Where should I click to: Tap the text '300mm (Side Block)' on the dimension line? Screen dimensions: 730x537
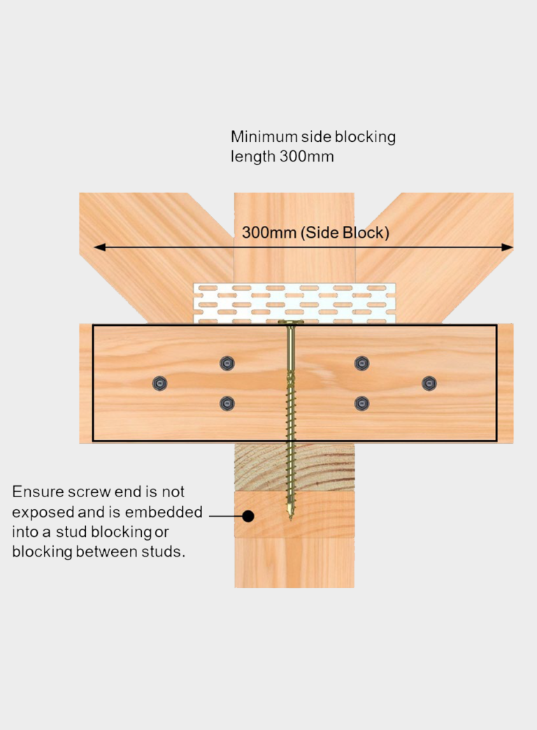pyautogui.click(x=315, y=233)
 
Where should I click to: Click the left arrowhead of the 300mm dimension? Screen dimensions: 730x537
pyautogui.click(x=99, y=247)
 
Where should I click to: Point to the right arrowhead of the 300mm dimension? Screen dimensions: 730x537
pyautogui.click(x=508, y=247)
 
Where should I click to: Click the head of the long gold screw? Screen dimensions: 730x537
pyautogui.click(x=289, y=323)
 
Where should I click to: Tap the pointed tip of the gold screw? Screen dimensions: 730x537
pyautogui.click(x=289, y=517)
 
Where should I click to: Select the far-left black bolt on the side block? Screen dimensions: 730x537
pyautogui.click(x=160, y=383)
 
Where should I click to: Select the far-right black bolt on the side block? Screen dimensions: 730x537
pyautogui.click(x=429, y=383)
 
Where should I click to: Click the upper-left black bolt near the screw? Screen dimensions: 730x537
pyautogui.click(x=227, y=363)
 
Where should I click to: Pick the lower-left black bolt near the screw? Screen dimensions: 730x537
pyautogui.click(x=227, y=403)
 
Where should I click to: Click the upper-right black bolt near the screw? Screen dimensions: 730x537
pyautogui.click(x=361, y=363)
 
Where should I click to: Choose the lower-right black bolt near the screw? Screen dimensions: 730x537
pyautogui.click(x=361, y=403)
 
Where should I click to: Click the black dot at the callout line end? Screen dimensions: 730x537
pyautogui.click(x=248, y=517)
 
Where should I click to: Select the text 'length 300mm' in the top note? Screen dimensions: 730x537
pyautogui.click(x=282, y=157)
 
